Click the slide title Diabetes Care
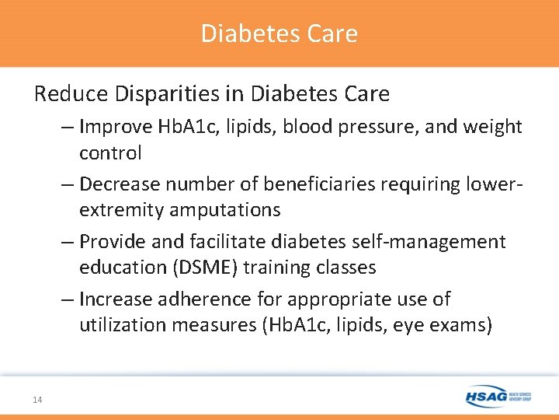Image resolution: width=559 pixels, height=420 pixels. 279,33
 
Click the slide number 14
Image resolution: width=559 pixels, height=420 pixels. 37,400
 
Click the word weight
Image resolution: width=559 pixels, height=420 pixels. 494,127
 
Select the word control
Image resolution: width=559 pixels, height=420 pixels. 110,152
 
